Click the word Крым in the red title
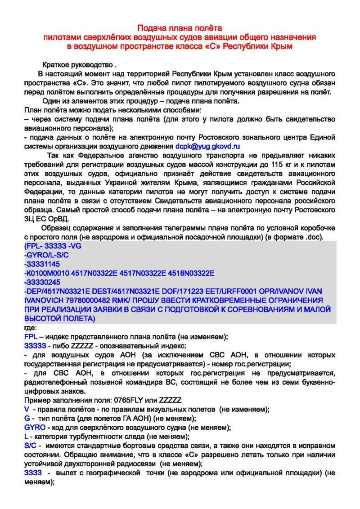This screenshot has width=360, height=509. pyautogui.click(x=283, y=46)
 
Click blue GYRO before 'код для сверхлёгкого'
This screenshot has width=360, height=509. pyautogui.click(x=35, y=428)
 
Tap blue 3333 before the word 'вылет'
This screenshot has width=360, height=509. pyautogui.click(x=33, y=473)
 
